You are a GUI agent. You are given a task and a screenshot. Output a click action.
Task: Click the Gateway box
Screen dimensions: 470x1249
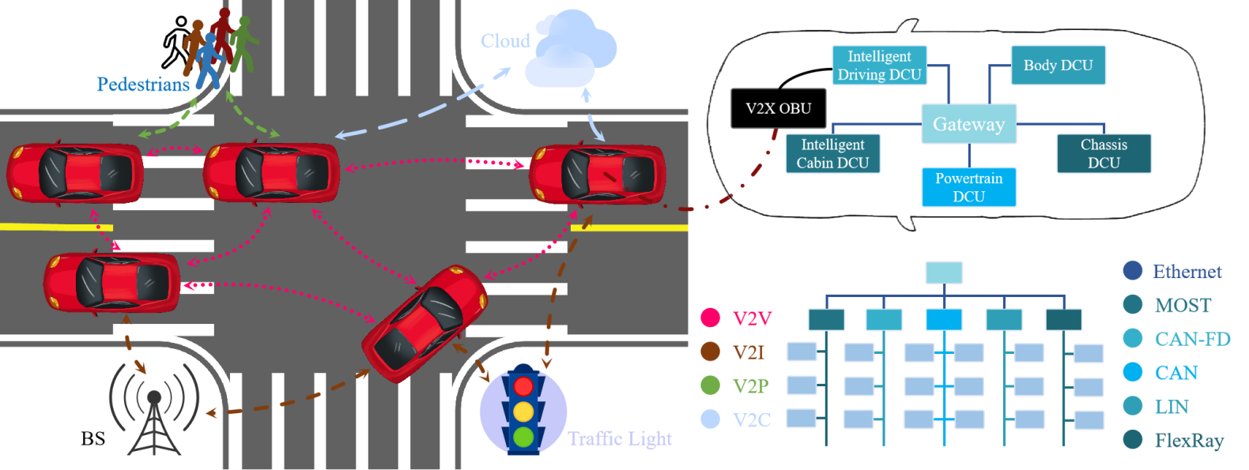tap(968, 124)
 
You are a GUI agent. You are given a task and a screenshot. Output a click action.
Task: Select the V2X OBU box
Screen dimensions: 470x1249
tap(779, 108)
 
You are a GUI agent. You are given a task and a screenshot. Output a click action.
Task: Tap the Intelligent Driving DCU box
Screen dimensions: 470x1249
tap(879, 66)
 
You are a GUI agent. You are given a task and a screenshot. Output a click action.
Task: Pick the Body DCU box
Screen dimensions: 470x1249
tap(1058, 66)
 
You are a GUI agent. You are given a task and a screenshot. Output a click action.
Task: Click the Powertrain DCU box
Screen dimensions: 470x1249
tap(968, 187)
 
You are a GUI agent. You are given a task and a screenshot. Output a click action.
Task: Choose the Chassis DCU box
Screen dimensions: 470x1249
tap(1104, 153)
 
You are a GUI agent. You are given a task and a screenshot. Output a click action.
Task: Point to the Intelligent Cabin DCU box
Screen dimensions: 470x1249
tap(832, 153)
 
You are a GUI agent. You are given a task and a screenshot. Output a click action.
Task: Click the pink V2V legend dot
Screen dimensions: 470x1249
tap(710, 318)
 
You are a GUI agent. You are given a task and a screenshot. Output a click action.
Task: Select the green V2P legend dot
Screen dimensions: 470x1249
tap(710, 385)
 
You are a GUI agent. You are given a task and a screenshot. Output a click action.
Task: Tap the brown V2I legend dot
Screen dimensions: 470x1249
tap(710, 352)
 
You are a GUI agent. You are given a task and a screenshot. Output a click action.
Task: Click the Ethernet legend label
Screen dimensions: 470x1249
tap(1187, 272)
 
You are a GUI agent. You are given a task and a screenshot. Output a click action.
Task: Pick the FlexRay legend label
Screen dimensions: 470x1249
tap(1188, 441)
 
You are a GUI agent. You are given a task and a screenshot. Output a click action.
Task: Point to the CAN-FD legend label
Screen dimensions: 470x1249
tap(1192, 339)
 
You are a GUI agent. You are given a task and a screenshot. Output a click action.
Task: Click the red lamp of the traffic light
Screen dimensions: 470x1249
tap(523, 387)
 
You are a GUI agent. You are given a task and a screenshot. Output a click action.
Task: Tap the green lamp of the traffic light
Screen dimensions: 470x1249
tap(523, 436)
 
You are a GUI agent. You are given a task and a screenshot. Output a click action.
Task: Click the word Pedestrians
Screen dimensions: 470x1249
tap(143, 85)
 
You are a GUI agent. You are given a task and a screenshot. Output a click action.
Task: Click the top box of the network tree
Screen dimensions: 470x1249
tap(944, 273)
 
